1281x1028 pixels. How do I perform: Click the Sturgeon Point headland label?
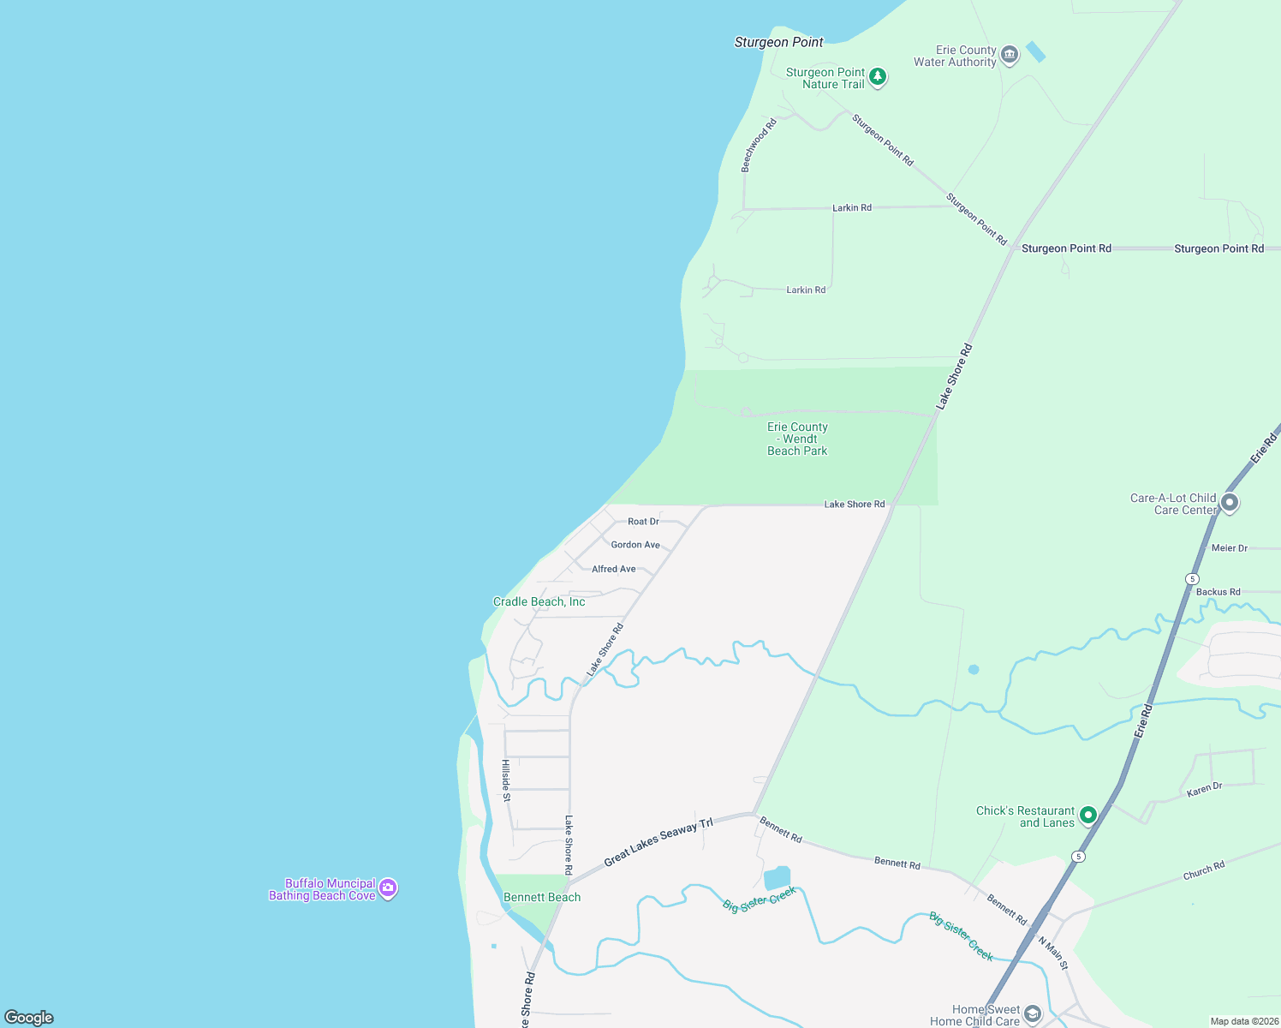click(x=778, y=42)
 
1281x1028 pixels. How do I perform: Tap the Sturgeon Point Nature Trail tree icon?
click(x=877, y=77)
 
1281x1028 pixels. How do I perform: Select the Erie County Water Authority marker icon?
click(x=1010, y=56)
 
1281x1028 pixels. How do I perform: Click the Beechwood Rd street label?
click(x=759, y=146)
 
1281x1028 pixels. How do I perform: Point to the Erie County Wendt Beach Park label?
click(x=797, y=439)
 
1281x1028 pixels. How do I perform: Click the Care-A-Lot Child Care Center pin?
click(x=1230, y=503)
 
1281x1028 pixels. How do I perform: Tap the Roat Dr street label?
click(x=643, y=522)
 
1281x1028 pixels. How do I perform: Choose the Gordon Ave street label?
click(x=635, y=545)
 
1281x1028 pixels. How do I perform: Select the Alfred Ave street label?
click(x=614, y=569)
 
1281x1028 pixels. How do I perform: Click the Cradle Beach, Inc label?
click(x=539, y=602)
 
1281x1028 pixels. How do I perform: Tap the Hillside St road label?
click(x=506, y=780)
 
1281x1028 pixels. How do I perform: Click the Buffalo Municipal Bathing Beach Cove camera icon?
click(x=388, y=888)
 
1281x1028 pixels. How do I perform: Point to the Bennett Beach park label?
click(x=542, y=897)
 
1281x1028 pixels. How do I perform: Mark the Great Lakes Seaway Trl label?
click(x=658, y=842)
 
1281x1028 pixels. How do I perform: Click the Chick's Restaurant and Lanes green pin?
click(x=1087, y=815)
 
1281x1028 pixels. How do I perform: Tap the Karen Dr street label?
click(x=1204, y=789)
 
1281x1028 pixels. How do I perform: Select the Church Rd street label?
click(x=1204, y=870)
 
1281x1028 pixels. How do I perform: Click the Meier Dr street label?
click(x=1230, y=548)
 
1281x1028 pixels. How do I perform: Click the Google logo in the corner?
click(x=29, y=1018)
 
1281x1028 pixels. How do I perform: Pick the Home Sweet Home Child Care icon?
click(x=1033, y=1015)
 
